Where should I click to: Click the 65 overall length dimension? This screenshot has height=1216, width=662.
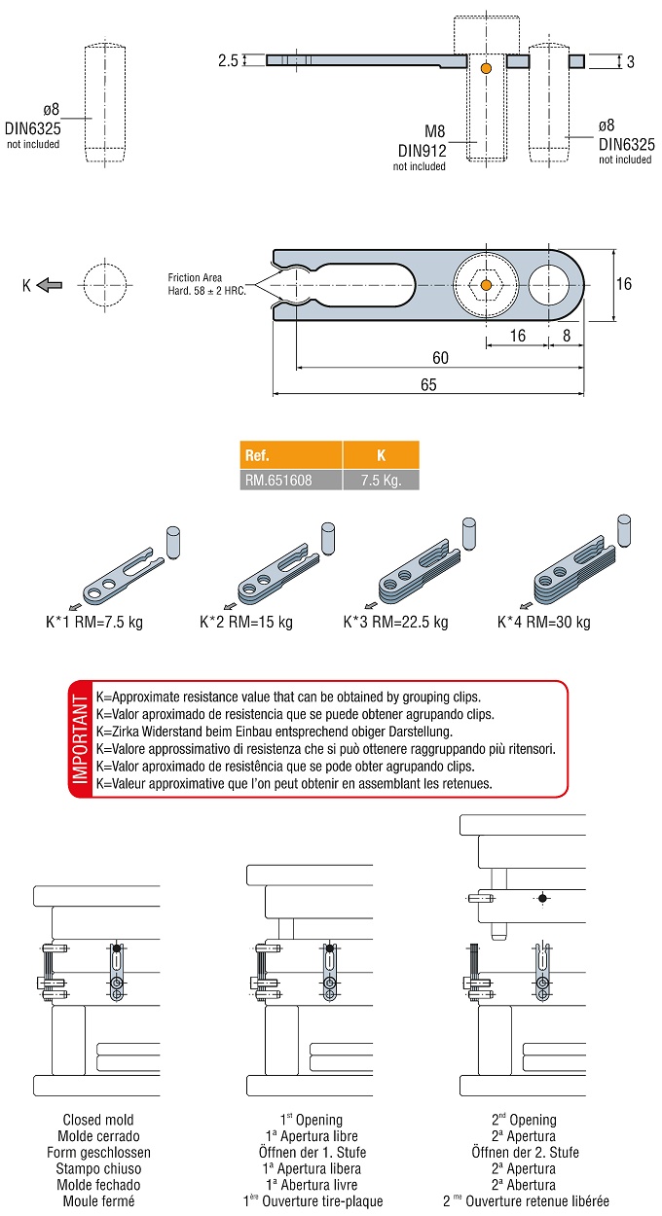pyautogui.click(x=428, y=385)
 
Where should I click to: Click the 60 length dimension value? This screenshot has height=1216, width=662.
pyautogui.click(x=440, y=359)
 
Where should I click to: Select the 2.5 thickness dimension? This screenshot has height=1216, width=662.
pyautogui.click(x=228, y=60)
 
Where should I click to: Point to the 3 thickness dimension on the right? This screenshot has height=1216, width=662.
pyautogui.click(x=630, y=62)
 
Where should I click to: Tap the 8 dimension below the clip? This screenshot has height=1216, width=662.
pyautogui.click(x=567, y=335)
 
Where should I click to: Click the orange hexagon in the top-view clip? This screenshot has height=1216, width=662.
pyautogui.click(x=486, y=285)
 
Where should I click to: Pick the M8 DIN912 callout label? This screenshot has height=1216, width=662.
pyautogui.click(x=420, y=142)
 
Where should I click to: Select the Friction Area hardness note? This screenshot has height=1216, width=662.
pyautogui.click(x=206, y=284)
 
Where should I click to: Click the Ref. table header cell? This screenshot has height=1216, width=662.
pyautogui.click(x=291, y=455)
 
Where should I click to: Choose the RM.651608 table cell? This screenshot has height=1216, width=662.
pyautogui.click(x=291, y=480)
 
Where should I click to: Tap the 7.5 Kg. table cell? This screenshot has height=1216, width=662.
pyautogui.click(x=381, y=480)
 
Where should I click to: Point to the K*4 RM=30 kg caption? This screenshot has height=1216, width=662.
pyautogui.click(x=544, y=622)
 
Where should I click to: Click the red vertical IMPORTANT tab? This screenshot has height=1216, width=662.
pyautogui.click(x=80, y=738)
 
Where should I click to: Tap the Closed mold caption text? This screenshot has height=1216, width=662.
pyautogui.click(x=98, y=1120)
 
